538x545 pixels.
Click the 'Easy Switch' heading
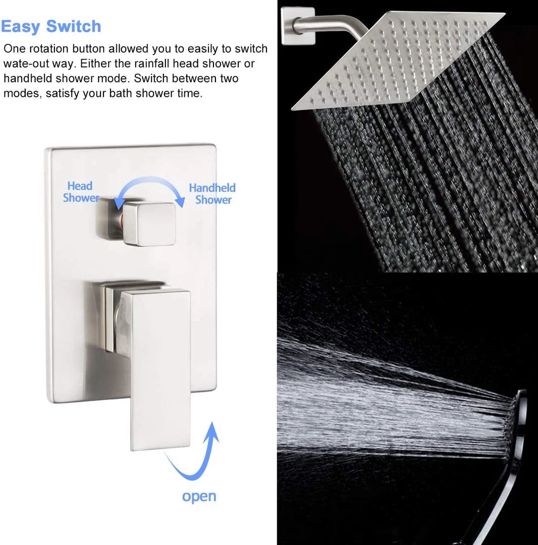(51, 27)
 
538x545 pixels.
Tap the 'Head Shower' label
(81, 192)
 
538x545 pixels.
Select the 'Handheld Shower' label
(212, 194)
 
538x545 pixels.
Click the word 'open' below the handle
(199, 497)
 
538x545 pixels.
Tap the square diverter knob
(149, 224)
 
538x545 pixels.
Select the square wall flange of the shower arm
(298, 26)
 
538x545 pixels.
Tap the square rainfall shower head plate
(398, 60)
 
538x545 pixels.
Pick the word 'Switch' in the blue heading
(74, 27)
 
